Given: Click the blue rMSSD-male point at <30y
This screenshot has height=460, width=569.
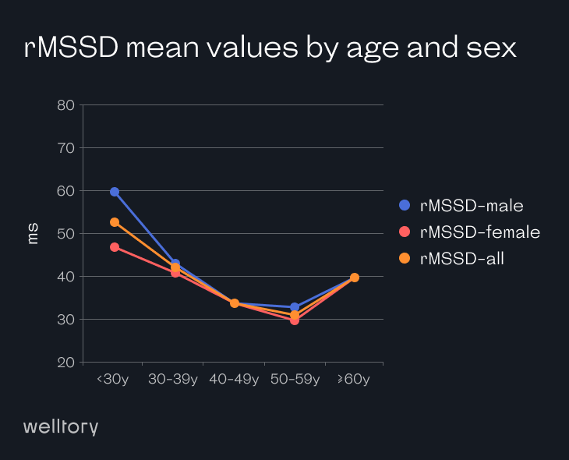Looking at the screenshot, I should [115, 192].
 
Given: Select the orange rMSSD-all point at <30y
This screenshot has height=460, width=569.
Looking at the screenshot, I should [115, 222].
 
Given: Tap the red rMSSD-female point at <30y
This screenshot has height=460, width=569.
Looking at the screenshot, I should [115, 247].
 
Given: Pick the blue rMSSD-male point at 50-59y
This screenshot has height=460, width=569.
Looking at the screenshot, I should [295, 307].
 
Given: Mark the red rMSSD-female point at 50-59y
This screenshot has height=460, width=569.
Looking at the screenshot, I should [295, 320].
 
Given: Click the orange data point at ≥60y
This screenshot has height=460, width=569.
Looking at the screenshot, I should [355, 278].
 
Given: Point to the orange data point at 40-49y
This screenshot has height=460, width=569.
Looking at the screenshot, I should [235, 303].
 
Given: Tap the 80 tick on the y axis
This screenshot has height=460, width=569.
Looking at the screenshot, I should [65, 105].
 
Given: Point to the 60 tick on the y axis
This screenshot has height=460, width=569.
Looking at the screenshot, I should [65, 191].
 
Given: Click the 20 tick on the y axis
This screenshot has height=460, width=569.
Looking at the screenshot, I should [65, 363].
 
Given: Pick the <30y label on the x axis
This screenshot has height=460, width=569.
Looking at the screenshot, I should [112, 380].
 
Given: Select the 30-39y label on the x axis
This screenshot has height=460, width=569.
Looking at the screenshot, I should [174, 380].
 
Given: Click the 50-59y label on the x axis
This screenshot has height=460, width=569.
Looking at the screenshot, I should [295, 380].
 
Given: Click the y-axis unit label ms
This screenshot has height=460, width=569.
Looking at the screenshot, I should [33, 234].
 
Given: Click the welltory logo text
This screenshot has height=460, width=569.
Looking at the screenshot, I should [61, 426].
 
